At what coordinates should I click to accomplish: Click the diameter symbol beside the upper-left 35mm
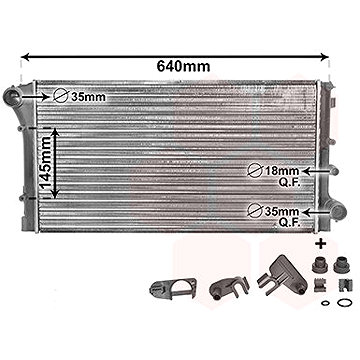61,96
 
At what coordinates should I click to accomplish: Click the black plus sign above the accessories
321,243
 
